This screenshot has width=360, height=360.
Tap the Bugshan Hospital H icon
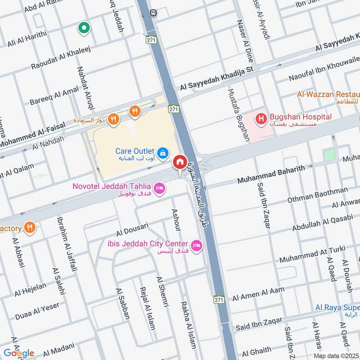[260, 119]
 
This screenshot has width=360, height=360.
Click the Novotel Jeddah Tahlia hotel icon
[158, 189]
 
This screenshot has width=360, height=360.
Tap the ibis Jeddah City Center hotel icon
[197, 245]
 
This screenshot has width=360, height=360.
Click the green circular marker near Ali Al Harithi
[83, 28]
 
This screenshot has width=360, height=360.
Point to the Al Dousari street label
[132, 229]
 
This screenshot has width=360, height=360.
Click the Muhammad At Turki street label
[312, 255]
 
